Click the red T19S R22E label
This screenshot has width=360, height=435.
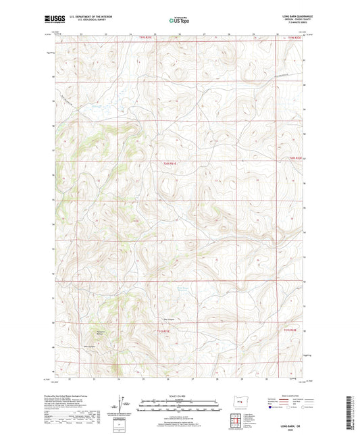(289, 38)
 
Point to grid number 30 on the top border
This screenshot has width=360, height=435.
(276, 33)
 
